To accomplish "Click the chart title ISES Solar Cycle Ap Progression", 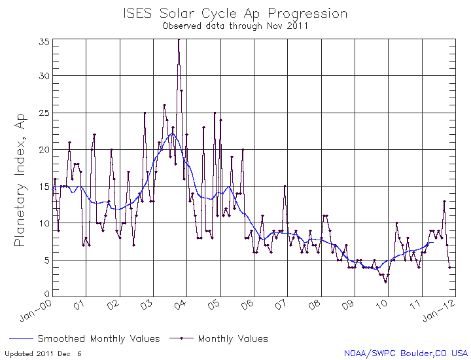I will [235, 13].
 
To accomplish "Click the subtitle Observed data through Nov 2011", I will [235, 27].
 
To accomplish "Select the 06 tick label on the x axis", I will [248, 305].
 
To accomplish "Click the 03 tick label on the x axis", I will [147, 305].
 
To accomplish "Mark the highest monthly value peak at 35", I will [179, 40].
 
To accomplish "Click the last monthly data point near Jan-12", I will [449, 267].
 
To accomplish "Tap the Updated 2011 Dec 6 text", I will [44, 353].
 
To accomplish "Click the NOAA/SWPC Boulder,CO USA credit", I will [406, 353].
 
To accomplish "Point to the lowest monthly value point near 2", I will [385, 281].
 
